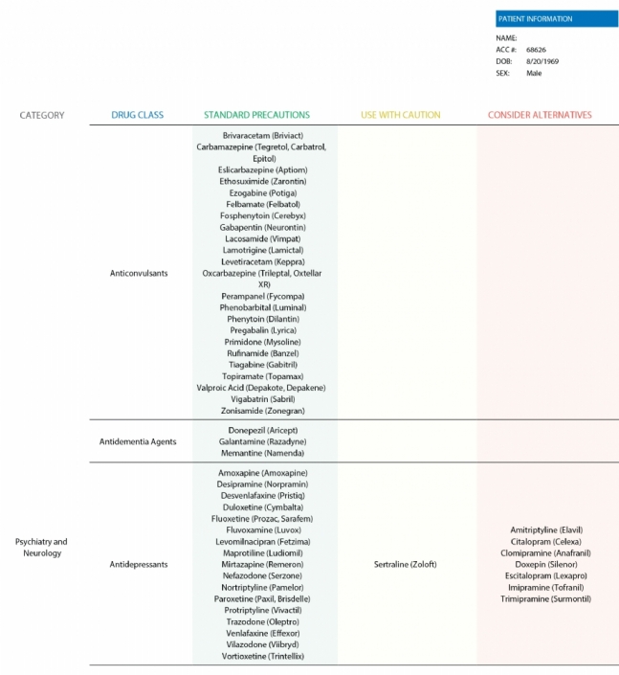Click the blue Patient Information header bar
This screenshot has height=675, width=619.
click(556, 18)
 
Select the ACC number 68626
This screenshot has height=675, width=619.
click(536, 49)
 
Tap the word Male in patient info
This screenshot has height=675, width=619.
click(534, 72)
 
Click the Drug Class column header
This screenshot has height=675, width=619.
click(137, 115)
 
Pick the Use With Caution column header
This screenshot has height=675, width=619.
click(401, 115)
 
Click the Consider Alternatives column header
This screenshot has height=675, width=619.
click(540, 115)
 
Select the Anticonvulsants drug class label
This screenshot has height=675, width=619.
click(139, 273)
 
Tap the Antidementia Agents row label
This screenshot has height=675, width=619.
click(137, 441)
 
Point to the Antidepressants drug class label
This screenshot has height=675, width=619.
click(139, 564)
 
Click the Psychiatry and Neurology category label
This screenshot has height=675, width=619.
click(41, 547)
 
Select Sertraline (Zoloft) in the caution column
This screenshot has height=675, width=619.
click(405, 564)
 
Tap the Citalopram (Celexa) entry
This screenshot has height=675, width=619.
click(545, 541)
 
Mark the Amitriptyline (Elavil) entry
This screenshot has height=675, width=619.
click(546, 529)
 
